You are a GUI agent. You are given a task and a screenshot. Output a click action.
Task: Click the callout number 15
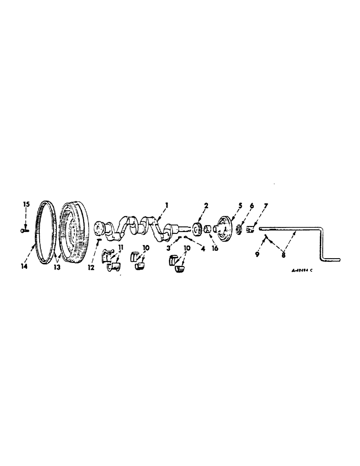pyautogui.click(x=27, y=205)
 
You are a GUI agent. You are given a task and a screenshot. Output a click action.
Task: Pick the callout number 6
pyautogui.click(x=252, y=205)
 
